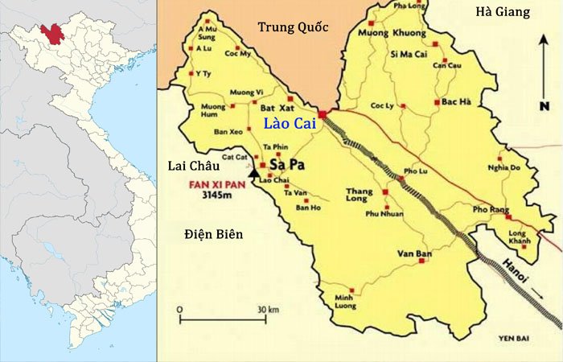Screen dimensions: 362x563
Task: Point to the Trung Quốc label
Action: [x=293, y=28]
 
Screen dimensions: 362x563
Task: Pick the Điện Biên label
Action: [x=213, y=234]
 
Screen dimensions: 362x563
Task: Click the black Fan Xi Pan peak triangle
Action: [x=255, y=172]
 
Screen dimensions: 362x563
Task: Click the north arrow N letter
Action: [x=545, y=105]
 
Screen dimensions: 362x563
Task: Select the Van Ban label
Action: [x=411, y=254]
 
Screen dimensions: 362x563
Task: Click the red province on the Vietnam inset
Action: [x=54, y=34]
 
